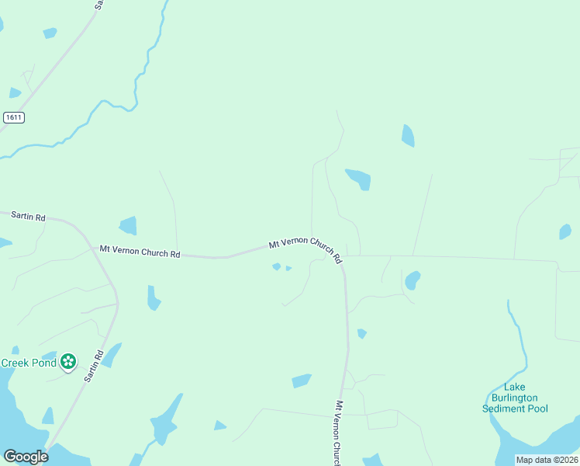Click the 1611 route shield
(x=13, y=117)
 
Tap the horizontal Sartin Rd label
(x=28, y=218)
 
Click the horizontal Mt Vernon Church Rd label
(x=140, y=252)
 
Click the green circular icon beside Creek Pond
(x=68, y=361)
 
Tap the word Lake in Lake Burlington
(x=515, y=387)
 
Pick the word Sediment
(x=502, y=409)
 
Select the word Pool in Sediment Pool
(x=537, y=409)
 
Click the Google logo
(x=26, y=457)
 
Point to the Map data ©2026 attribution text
(x=547, y=460)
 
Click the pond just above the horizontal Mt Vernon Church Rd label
(x=128, y=226)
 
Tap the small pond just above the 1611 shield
(x=15, y=93)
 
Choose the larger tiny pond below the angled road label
(x=276, y=267)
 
